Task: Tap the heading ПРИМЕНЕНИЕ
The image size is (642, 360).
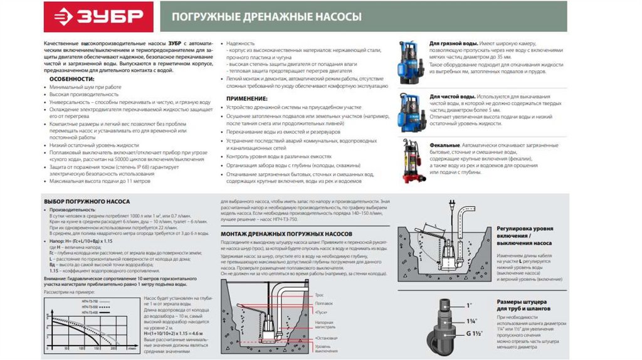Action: [246, 98]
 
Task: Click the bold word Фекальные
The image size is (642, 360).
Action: [444, 145]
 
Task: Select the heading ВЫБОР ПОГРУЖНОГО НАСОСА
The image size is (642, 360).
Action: [87, 201]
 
